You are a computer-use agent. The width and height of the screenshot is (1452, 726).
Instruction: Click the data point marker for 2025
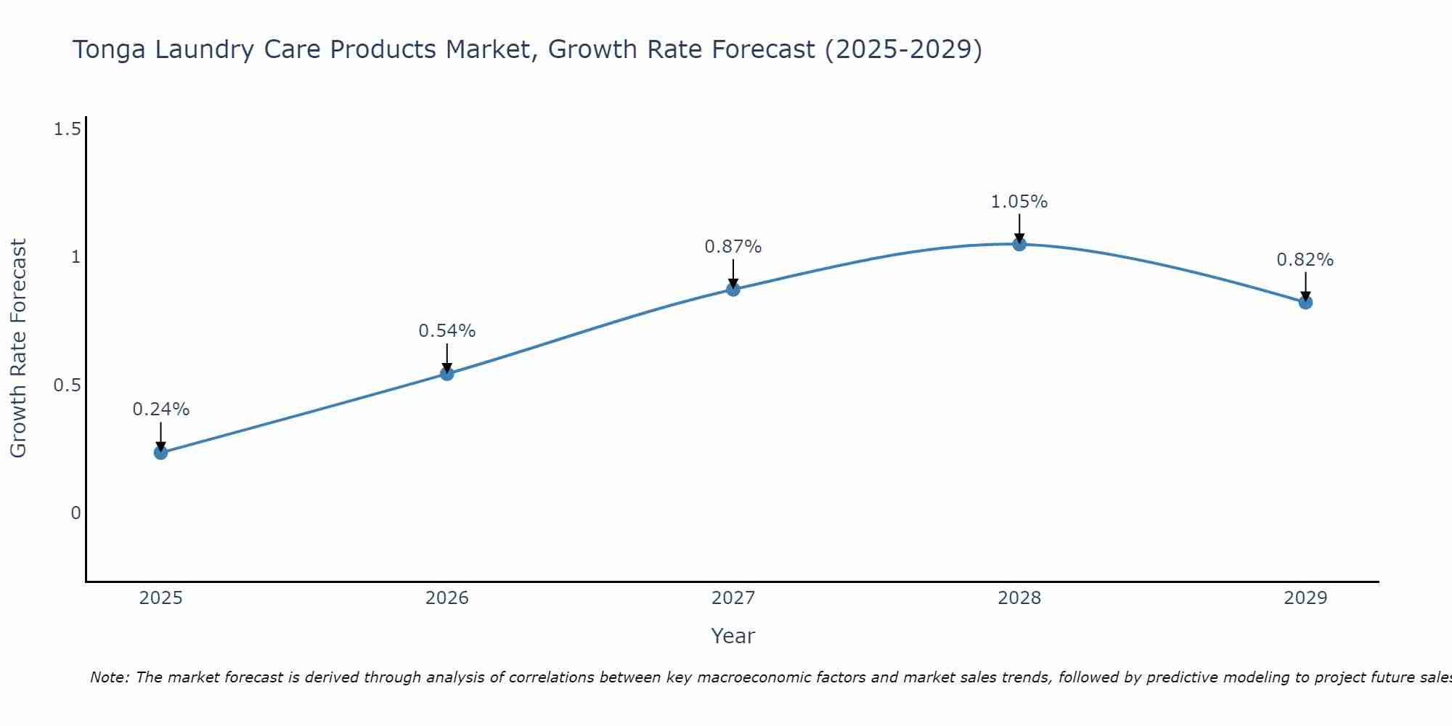pyautogui.click(x=160, y=452)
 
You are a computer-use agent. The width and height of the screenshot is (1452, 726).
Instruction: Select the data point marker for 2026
pyautogui.click(x=447, y=374)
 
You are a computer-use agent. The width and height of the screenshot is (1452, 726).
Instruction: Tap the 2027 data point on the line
pyautogui.click(x=733, y=289)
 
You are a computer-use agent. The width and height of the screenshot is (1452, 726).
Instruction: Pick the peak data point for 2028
pyautogui.click(x=1019, y=244)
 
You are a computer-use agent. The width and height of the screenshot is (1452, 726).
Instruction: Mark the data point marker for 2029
pyautogui.click(x=1305, y=302)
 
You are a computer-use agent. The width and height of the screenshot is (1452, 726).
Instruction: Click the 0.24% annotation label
pyautogui.click(x=160, y=409)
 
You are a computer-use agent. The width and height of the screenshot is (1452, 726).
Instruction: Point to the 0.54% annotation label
pyautogui.click(x=447, y=331)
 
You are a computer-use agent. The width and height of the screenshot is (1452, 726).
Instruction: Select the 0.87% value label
pyautogui.click(x=733, y=247)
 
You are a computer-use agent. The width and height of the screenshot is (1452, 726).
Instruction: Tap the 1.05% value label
pyautogui.click(x=1019, y=202)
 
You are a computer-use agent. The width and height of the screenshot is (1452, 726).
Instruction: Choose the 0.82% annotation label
pyautogui.click(x=1305, y=260)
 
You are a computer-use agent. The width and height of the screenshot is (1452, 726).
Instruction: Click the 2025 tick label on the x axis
pyautogui.click(x=160, y=598)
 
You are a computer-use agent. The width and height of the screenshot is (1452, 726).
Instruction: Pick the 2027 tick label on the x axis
pyautogui.click(x=733, y=598)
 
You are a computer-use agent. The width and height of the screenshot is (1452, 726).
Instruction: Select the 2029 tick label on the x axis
pyautogui.click(x=1305, y=598)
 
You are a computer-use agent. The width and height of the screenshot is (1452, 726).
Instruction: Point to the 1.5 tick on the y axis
pyautogui.click(x=67, y=129)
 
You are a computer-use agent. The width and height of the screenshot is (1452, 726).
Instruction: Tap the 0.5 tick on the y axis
pyautogui.click(x=67, y=386)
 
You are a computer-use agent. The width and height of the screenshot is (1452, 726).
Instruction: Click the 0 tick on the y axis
pyautogui.click(x=76, y=513)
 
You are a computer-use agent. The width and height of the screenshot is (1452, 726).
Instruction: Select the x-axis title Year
pyautogui.click(x=733, y=636)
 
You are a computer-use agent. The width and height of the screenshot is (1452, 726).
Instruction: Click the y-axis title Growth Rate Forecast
pyautogui.click(x=18, y=348)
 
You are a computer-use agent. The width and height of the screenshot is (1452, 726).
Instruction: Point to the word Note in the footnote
pyautogui.click(x=109, y=677)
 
